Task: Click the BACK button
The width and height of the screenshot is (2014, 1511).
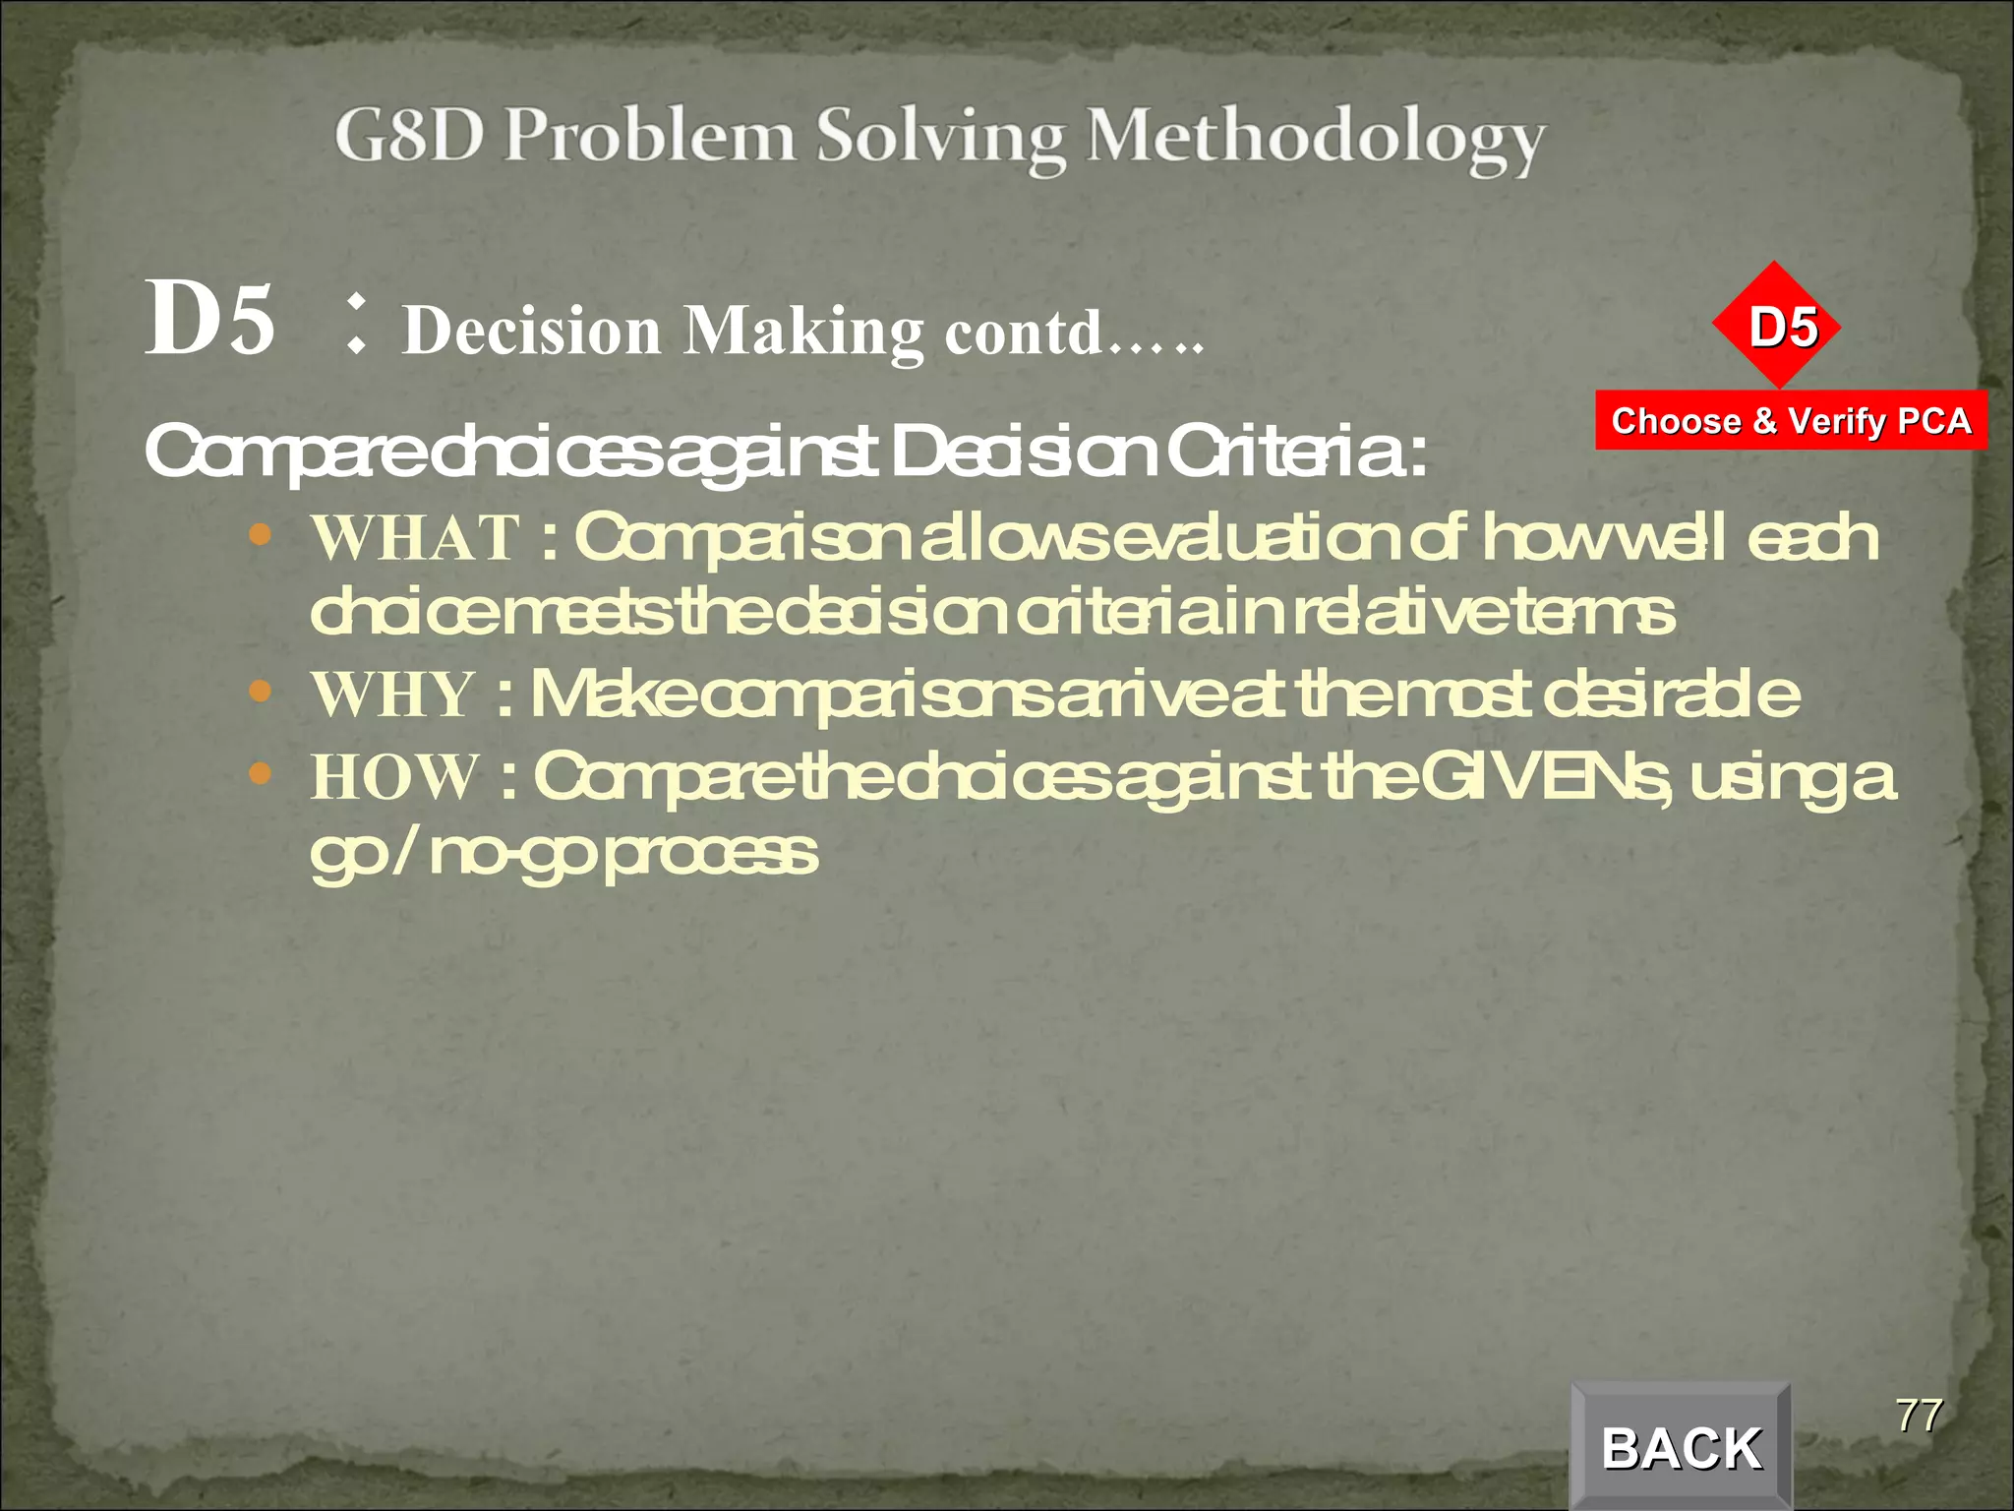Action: (x=1681, y=1448)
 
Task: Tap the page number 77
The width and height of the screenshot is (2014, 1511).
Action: (x=1919, y=1416)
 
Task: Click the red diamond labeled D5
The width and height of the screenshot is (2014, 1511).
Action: (x=1776, y=326)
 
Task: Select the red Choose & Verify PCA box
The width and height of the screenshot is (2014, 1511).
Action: (x=1791, y=421)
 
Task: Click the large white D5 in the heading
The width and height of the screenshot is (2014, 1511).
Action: (x=209, y=318)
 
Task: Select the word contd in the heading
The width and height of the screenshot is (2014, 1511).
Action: (x=1023, y=332)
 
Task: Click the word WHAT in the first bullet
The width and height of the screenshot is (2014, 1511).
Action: (x=415, y=538)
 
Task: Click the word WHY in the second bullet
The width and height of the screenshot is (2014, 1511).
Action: (x=393, y=695)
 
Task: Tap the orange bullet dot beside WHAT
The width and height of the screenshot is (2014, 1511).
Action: (x=260, y=536)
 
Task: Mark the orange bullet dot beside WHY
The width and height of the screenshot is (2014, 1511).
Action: (x=260, y=692)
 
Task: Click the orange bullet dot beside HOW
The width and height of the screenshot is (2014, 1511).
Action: (x=260, y=774)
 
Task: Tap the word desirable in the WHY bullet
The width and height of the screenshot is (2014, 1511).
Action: (x=1671, y=695)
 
